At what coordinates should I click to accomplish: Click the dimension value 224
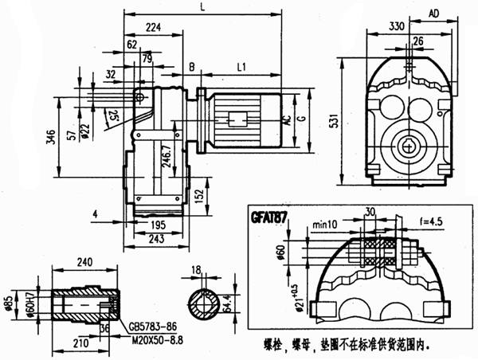tap(154, 28)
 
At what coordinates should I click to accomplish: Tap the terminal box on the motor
tap(237, 120)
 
